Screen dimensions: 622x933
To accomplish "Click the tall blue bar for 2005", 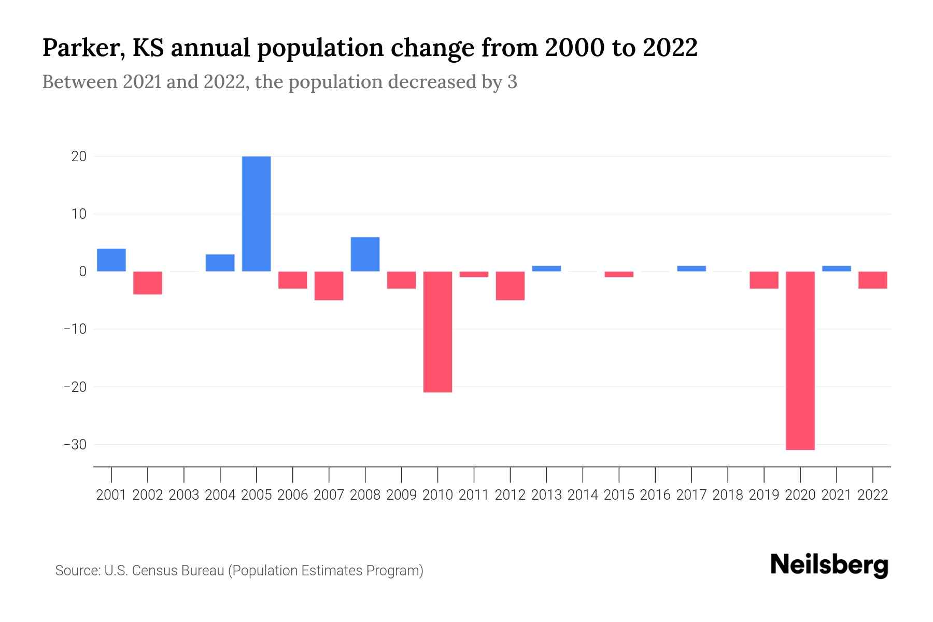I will pyautogui.click(x=256, y=214).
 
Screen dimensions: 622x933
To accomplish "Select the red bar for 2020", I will pyautogui.click(x=800, y=360).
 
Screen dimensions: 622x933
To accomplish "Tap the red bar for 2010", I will pyautogui.click(x=437, y=332).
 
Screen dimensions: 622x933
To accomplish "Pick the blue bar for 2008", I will pyautogui.click(x=365, y=254).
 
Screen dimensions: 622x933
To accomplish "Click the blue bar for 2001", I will pyautogui.click(x=111, y=260).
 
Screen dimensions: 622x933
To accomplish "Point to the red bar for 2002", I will pyautogui.click(x=148, y=283).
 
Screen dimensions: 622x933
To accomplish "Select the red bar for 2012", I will pyautogui.click(x=510, y=286).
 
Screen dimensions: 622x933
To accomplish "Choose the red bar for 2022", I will pyautogui.click(x=872, y=280).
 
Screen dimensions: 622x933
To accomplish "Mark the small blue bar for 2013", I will pyautogui.click(x=546, y=268).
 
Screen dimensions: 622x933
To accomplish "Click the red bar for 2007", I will pyautogui.click(x=329, y=286).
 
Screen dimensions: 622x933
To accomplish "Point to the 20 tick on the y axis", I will pyautogui.click(x=79, y=157).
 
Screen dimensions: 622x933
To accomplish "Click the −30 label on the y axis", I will pyautogui.click(x=75, y=445).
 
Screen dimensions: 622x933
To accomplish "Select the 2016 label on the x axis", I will pyautogui.click(x=655, y=495).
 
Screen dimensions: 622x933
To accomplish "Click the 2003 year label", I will pyautogui.click(x=184, y=495).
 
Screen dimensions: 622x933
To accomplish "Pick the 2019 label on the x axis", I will pyautogui.click(x=764, y=495).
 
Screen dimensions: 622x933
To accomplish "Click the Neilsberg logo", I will pyautogui.click(x=829, y=565).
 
